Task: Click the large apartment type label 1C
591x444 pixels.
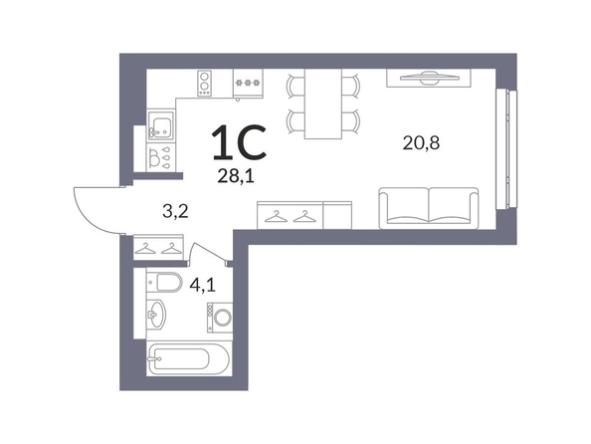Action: point(240,141)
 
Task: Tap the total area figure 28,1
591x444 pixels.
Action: point(236,176)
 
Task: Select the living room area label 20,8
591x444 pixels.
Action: point(421,143)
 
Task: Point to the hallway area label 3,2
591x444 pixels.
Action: point(175,212)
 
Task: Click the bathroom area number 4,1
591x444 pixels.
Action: point(203,285)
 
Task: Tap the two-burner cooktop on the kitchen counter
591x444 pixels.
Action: point(204,83)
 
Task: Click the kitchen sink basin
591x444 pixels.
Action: point(160,125)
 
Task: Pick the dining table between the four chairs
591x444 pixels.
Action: point(323,104)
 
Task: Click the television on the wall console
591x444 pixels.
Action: point(430,77)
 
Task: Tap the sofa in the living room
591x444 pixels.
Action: point(429,208)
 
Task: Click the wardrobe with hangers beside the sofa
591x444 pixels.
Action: point(304,215)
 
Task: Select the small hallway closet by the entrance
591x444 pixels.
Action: point(158,247)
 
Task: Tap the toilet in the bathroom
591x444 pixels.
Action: point(164,282)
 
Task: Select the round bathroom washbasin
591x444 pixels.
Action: point(155,315)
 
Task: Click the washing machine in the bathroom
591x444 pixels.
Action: point(220,318)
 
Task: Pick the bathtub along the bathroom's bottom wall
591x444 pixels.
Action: point(188,358)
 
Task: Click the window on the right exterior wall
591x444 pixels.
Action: point(506,148)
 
